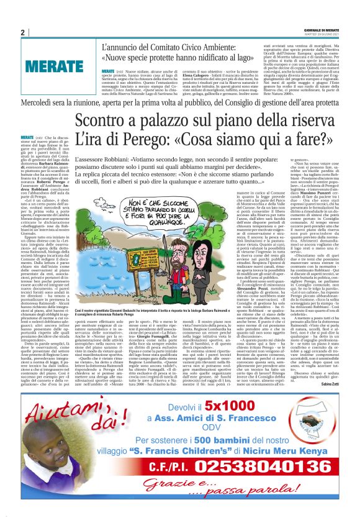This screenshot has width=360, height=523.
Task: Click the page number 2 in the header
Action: click(22, 32)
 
